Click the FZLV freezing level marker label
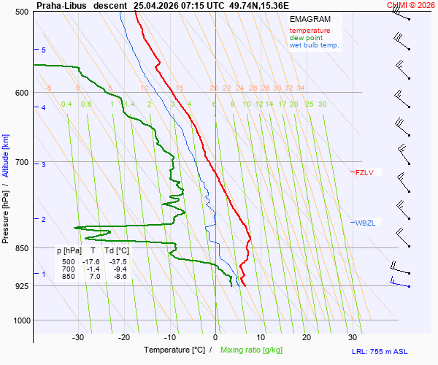(364, 172)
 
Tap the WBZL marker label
(365, 223)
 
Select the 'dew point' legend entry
(306, 38)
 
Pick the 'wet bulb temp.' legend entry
(314, 45)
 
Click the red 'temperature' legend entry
(310, 31)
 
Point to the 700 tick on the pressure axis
(22, 162)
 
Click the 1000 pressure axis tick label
(21, 320)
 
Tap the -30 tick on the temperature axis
(78, 338)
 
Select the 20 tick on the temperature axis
(307, 338)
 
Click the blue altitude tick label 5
(44, 50)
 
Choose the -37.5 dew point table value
(118, 262)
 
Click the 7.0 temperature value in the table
(95, 277)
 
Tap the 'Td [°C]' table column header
(117, 251)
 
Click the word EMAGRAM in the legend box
(310, 19)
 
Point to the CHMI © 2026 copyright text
(411, 5)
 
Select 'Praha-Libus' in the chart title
(61, 6)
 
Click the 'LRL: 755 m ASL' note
(380, 352)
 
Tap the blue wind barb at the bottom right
(400, 283)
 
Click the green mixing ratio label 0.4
(66, 104)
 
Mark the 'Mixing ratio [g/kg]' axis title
(251, 350)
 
